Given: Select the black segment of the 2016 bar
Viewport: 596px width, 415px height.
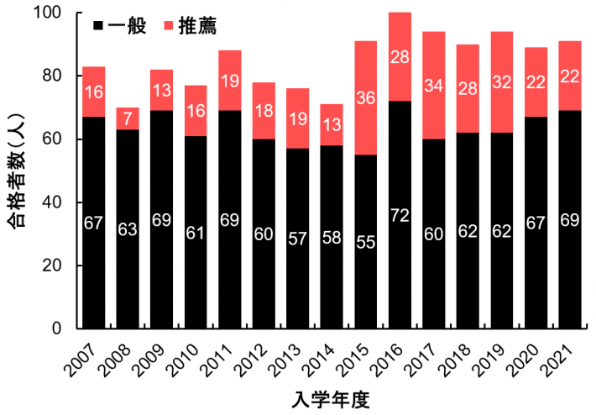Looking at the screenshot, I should (x=400, y=252).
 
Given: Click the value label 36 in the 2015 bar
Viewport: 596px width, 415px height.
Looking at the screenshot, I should (x=365, y=97).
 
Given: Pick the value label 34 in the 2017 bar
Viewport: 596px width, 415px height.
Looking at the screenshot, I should (x=434, y=86).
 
